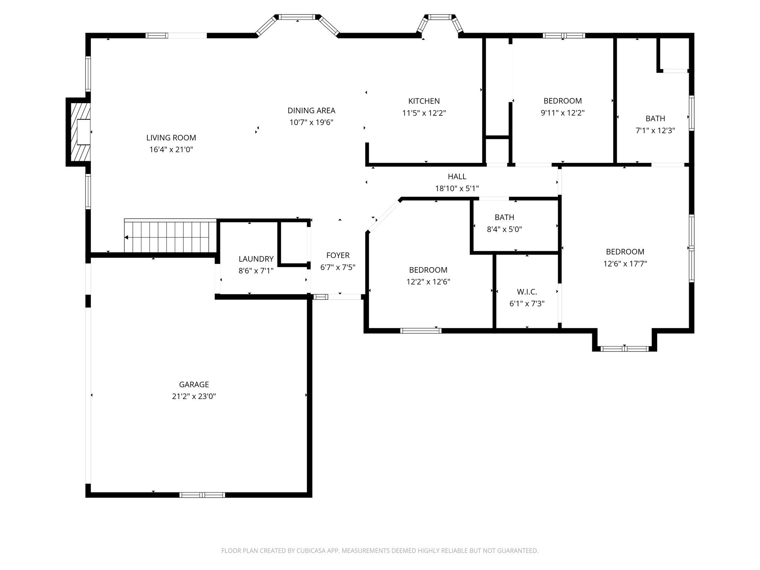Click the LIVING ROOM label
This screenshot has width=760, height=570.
(x=171, y=138)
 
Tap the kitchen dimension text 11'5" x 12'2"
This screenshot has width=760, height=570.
(x=424, y=113)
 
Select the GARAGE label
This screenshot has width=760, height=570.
(x=194, y=384)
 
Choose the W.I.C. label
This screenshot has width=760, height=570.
(x=527, y=292)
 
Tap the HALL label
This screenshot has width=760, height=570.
(x=457, y=176)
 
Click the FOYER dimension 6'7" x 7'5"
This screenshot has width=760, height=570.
(x=338, y=267)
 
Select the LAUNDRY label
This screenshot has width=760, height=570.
(x=256, y=259)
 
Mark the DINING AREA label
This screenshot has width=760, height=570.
(x=311, y=110)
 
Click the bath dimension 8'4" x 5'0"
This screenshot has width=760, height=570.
(x=504, y=229)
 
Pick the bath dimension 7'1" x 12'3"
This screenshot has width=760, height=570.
(x=655, y=131)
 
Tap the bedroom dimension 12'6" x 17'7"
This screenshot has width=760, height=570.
(x=625, y=264)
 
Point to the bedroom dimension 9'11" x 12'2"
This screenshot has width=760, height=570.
(x=563, y=113)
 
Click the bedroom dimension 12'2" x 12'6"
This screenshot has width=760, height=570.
(x=428, y=282)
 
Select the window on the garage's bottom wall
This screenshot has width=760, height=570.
(x=202, y=495)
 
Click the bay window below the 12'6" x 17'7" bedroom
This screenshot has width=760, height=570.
(x=625, y=348)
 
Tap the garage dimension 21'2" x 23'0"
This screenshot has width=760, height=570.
(x=194, y=396)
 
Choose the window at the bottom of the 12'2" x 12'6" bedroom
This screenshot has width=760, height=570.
(x=420, y=331)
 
